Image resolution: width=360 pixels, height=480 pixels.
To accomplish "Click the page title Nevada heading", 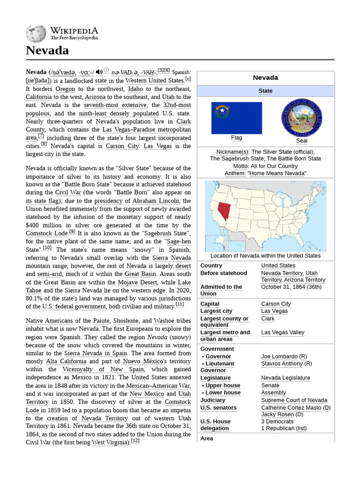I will pyautogui.click(x=47, y=51).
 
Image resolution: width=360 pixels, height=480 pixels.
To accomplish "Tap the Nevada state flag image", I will pyautogui.click(x=236, y=118).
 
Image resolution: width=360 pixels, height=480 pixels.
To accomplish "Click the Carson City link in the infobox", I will pyautogui.click(x=276, y=304).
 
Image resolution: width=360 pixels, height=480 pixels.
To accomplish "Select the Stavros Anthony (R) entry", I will pyautogui.click(x=286, y=363).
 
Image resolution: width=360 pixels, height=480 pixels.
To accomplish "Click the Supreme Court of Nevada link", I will pyautogui.click(x=294, y=400).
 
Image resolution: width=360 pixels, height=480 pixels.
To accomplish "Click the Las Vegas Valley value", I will pyautogui.click(x=282, y=332).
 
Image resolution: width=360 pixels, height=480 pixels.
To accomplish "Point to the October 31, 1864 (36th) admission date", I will pyautogui.click(x=291, y=287).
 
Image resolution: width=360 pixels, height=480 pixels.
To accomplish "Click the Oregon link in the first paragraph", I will pyautogui.click(x=65, y=89).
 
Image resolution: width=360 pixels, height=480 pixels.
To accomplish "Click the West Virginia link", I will pyautogui.click(x=111, y=442).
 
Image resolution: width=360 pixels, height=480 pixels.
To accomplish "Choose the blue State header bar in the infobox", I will pyautogui.click(x=265, y=91).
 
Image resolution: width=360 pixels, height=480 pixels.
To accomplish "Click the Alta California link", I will pyautogui.click(x=66, y=361).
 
